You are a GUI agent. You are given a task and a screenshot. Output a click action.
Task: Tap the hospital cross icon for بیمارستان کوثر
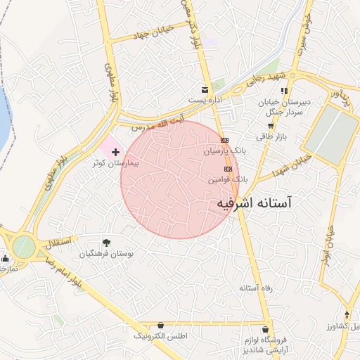click(x=115, y=151)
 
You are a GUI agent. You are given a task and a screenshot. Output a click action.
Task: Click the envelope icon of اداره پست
click(x=205, y=90)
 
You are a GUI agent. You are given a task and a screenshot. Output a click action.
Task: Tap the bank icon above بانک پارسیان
click(x=225, y=140)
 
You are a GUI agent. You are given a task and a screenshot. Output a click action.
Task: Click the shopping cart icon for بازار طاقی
click(x=270, y=126)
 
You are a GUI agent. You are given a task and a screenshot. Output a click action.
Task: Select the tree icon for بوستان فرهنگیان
click(x=106, y=242)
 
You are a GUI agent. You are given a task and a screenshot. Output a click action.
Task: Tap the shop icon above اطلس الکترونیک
click(x=162, y=326)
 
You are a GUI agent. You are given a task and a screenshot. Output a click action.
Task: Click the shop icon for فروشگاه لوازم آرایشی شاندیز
click(x=266, y=328)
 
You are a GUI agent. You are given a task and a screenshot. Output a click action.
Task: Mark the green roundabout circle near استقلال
click(x=23, y=247)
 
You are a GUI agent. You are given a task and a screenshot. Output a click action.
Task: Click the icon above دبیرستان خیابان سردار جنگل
click(x=284, y=91)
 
